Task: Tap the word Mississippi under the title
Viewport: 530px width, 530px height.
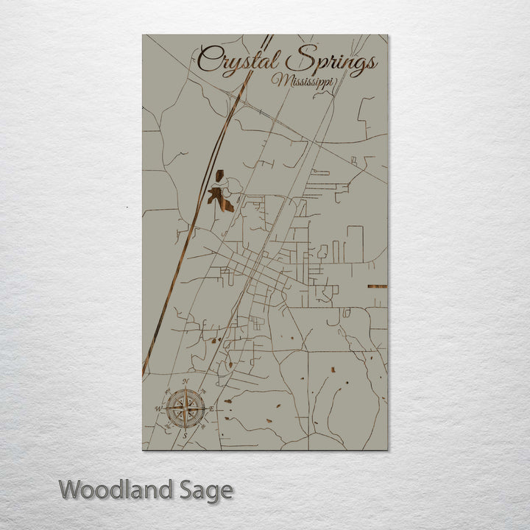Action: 302,82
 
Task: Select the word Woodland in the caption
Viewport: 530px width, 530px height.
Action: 116,490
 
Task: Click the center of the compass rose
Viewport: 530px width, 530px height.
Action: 185,407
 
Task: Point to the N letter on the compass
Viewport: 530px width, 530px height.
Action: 185,381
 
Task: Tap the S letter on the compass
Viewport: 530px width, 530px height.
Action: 185,435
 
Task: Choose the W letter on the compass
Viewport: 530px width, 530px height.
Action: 158,407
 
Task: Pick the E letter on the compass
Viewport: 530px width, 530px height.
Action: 213,408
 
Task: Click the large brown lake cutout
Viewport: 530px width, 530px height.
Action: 220,198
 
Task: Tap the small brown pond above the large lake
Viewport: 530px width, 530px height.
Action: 219,176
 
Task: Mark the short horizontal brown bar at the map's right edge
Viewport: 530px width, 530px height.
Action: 377,286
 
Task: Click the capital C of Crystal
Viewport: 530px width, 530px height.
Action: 210,60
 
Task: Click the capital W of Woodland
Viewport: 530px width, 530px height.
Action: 71,490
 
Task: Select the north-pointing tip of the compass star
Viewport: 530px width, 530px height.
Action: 185,391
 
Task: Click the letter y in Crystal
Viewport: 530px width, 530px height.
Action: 233,66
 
